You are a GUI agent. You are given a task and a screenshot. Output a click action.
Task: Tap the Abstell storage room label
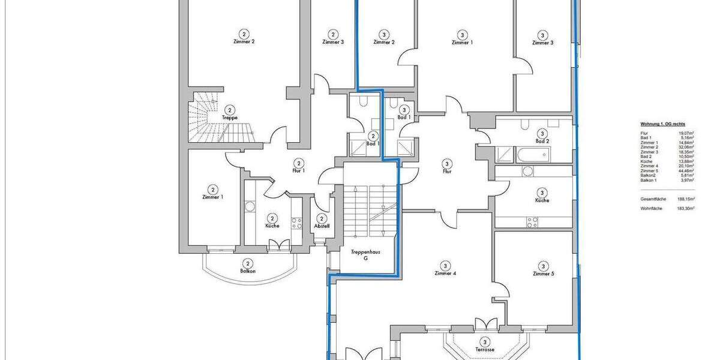pyautogui.click(x=322, y=226)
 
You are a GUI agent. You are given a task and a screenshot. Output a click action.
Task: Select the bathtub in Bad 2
pyautogui.click(x=532, y=155)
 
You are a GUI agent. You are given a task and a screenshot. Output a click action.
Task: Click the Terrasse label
pyautogui.click(x=484, y=349)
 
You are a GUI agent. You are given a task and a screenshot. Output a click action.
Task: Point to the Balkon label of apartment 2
pyautogui.click(x=248, y=271)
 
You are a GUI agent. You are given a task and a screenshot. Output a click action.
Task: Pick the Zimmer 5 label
pyautogui.click(x=543, y=274)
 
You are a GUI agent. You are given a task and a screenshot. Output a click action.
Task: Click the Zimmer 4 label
pyautogui.click(x=445, y=273)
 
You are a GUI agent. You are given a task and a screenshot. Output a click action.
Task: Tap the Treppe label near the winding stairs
pyautogui.click(x=230, y=118)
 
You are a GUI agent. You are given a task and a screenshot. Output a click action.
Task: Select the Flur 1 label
pyautogui.click(x=299, y=171)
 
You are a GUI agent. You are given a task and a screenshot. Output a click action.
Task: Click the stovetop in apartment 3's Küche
pyautogui.click(x=532, y=222)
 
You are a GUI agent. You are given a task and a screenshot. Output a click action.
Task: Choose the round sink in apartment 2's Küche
pyautogui.click(x=250, y=207)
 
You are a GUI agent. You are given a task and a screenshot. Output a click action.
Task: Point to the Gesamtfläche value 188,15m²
pyautogui.click(x=685, y=199)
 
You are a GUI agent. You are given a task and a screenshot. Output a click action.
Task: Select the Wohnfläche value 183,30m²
pyautogui.click(x=685, y=208)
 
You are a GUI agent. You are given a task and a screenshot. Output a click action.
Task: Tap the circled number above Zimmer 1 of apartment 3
pyautogui.click(x=462, y=35)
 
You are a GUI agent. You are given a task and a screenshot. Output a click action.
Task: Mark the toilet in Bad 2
pyautogui.click(x=525, y=125)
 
